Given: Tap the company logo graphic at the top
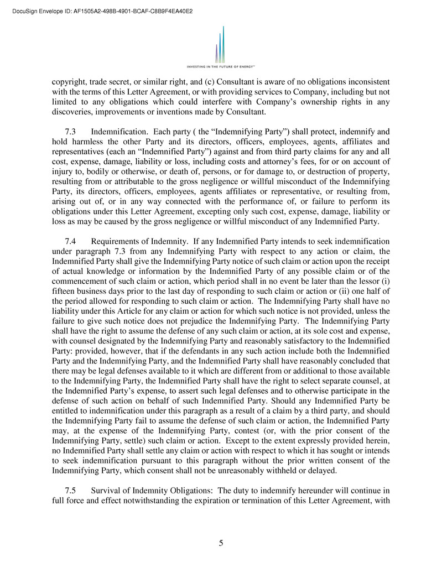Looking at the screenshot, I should [x=220, y=44].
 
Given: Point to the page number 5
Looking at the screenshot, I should [x=221, y=543].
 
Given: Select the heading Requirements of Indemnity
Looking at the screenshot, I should [x=141, y=241].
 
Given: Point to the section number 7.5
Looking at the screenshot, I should [x=71, y=490].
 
